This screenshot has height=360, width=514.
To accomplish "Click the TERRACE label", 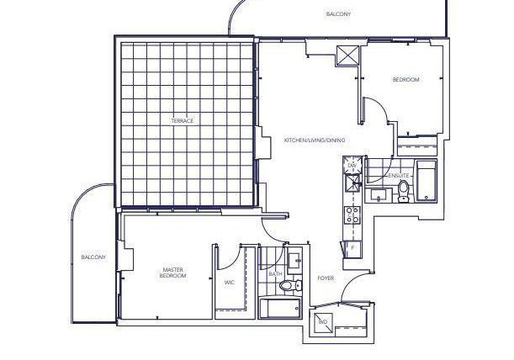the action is click(183, 121).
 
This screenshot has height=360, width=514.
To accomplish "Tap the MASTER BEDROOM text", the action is click(172, 273).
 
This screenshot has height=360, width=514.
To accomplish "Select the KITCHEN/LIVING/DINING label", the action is click(315, 140).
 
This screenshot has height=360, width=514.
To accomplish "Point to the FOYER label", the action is click(326, 278).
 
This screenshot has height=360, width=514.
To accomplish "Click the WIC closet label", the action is click(230, 283).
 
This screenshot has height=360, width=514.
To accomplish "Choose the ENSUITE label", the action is click(399, 176).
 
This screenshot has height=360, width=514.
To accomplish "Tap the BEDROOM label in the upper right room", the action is click(405, 80).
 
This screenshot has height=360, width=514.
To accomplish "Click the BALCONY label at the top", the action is click(339, 14).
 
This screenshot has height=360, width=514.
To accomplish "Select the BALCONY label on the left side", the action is click(93, 257).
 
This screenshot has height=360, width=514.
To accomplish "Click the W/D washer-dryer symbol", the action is click(323, 322).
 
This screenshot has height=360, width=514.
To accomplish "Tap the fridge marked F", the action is click(352, 249).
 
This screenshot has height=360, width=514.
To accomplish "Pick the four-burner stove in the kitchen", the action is click(352, 214).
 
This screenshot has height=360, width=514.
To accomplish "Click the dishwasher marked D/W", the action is click(352, 165).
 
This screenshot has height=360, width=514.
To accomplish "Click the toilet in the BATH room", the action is click(290, 285).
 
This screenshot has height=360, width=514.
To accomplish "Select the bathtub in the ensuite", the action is click(427, 181).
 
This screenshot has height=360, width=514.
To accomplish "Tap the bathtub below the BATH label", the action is click(279, 308).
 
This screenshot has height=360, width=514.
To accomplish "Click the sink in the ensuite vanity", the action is click(379, 195).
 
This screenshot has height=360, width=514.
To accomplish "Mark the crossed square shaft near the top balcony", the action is click(347, 56).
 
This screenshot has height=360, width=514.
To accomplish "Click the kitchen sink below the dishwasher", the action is click(352, 182).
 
